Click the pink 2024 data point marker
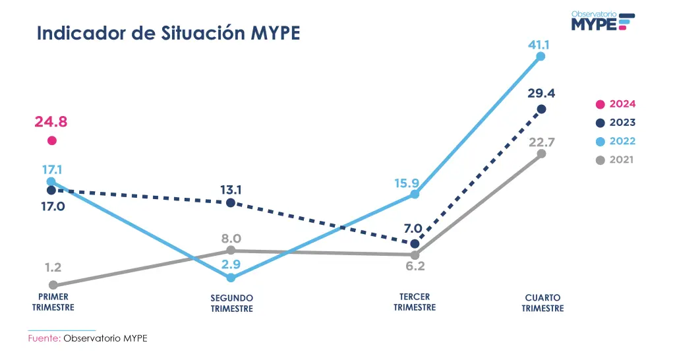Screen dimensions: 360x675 52,140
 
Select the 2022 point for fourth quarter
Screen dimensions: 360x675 541,57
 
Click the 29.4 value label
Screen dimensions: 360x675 541,93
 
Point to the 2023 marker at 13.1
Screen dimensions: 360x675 230,202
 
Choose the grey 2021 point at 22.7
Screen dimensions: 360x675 541,154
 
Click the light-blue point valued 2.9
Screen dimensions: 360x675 230,278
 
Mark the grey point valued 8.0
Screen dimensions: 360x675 230,251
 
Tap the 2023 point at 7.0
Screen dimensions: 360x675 415,243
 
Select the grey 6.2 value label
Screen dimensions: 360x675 415,267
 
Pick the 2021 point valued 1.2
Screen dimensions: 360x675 53,285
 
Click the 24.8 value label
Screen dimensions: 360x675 51,122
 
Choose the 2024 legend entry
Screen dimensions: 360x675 616,104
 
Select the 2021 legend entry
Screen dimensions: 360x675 616,160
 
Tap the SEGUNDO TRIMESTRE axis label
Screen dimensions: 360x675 231,304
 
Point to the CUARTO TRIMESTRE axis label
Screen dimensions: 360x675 543,303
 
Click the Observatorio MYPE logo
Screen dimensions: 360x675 602,21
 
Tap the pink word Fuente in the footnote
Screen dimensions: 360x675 44,338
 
